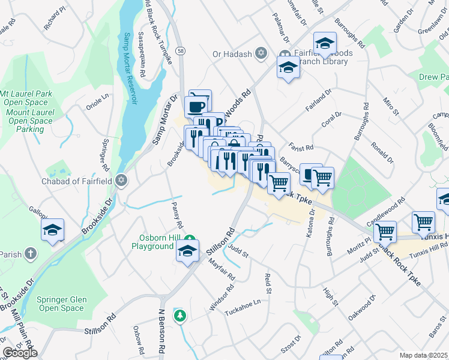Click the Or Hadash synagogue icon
point(261,54)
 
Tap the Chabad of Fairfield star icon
point(121,180)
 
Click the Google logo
point(20,353)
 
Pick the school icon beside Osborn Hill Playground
point(188,251)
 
